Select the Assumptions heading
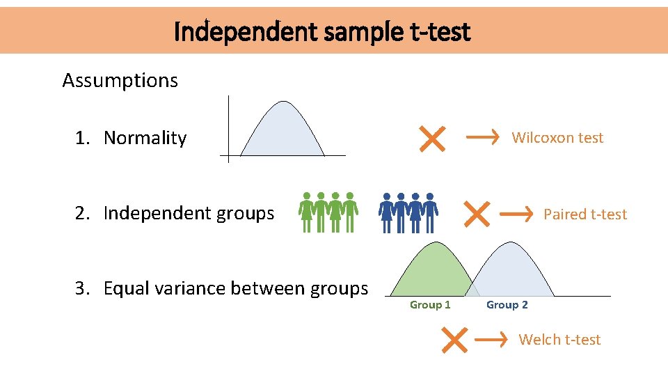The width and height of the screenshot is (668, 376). point(120,81)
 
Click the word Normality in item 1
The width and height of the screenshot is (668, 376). point(145,138)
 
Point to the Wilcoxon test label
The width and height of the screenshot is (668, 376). point(557,138)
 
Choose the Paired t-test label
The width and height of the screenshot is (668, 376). point(584,214)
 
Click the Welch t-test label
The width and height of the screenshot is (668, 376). point(559,340)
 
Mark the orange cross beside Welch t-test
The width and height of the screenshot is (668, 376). point(454,340)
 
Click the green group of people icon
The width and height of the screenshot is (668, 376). point(328,212)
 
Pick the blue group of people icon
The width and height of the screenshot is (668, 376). point(408,212)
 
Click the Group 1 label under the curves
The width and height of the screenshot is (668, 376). point(430,305)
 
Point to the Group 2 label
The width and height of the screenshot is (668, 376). point(507,305)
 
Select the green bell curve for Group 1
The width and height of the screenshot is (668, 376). point(431,272)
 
